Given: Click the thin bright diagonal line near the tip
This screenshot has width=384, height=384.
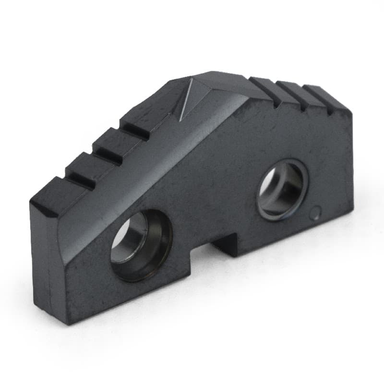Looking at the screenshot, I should [185, 98].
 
